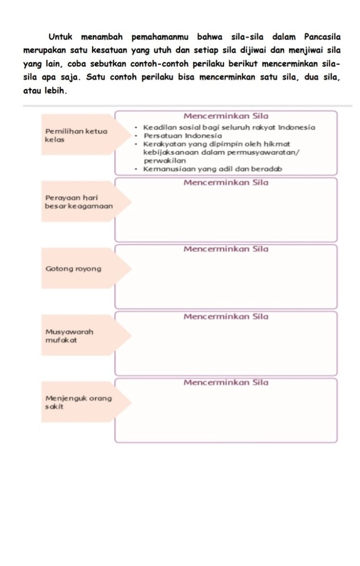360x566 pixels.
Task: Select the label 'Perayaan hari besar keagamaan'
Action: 79,202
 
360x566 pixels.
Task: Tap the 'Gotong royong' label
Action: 73,269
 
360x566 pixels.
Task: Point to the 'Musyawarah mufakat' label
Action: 70,335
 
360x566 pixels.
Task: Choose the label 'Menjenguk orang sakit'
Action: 79,402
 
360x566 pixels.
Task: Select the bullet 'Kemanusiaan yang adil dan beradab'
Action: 212,169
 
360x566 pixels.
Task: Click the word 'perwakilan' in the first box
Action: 164,160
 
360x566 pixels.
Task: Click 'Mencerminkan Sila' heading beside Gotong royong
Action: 225,249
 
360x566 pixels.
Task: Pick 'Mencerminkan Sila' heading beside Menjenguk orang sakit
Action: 225,383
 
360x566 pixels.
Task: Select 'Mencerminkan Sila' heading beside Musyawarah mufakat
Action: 225,316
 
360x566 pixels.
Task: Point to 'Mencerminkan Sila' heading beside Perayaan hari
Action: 225,182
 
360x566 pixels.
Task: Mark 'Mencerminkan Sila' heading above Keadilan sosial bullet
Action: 225,116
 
